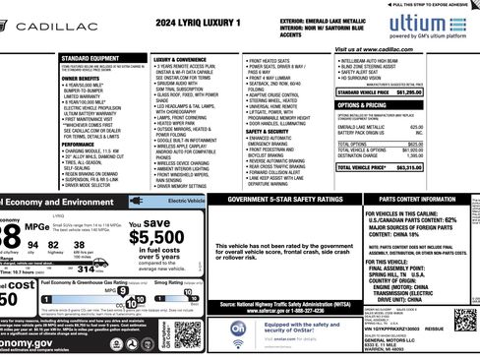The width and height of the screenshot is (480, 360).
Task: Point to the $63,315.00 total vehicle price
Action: (448, 167)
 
